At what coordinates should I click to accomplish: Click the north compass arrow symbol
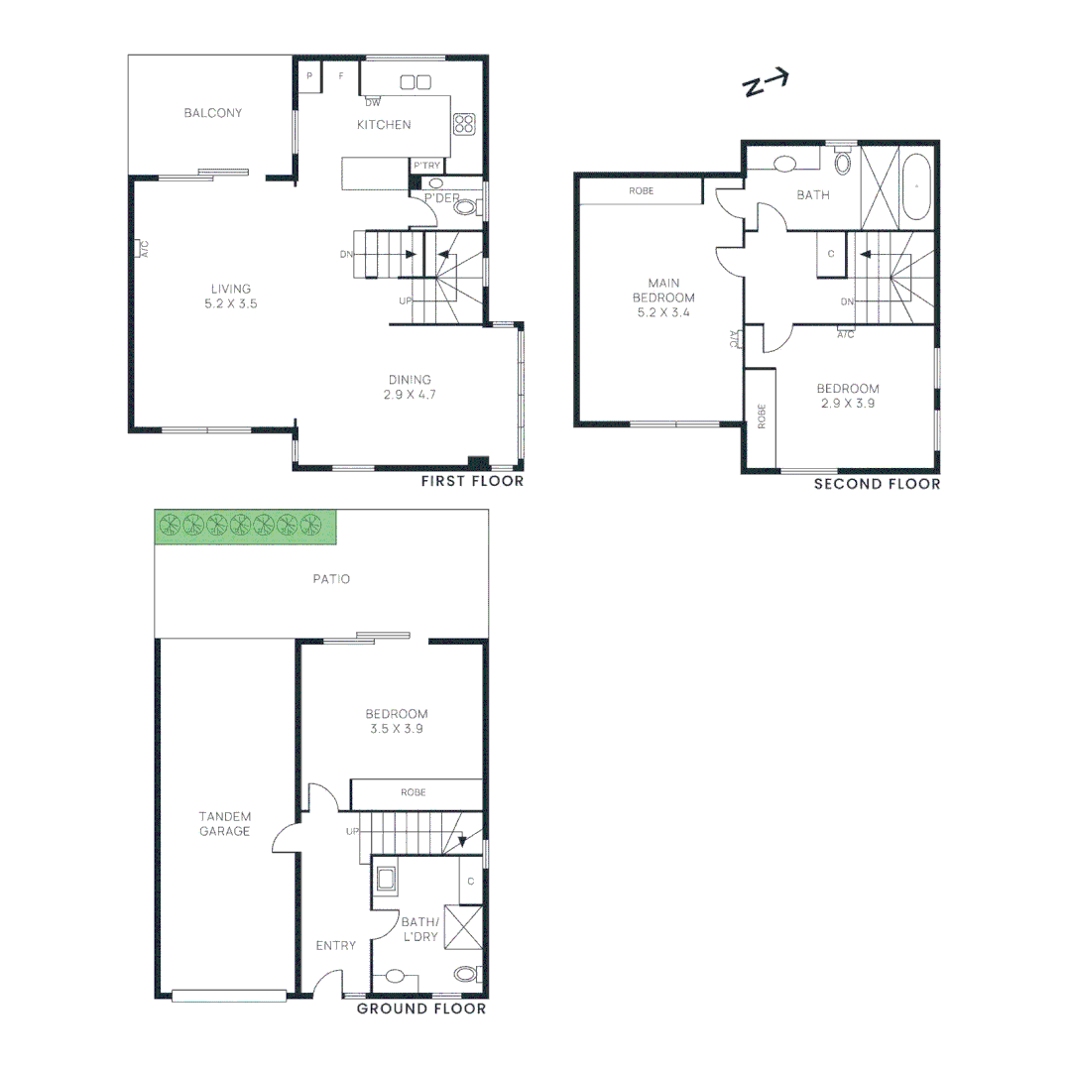point(766,83)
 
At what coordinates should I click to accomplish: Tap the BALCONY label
point(212,113)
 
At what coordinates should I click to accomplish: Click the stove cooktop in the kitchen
point(463,124)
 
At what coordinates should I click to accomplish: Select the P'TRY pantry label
point(426,166)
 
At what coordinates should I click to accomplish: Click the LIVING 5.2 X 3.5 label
point(230,297)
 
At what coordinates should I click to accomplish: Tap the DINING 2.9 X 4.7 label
point(410,387)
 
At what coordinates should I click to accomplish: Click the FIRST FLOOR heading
point(471,481)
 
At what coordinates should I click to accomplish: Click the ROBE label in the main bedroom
point(641,190)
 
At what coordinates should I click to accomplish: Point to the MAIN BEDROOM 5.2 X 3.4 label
point(663,297)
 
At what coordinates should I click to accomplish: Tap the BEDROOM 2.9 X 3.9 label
point(847,396)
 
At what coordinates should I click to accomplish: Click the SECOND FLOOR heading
point(877,484)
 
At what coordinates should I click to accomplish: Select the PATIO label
point(331,579)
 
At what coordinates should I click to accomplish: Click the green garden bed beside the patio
point(245,526)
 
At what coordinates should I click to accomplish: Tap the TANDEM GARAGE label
point(224,824)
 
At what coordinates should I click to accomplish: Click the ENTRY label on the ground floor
point(335,945)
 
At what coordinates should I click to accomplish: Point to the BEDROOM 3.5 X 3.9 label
point(396,721)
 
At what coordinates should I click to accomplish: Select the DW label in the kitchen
point(373,102)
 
